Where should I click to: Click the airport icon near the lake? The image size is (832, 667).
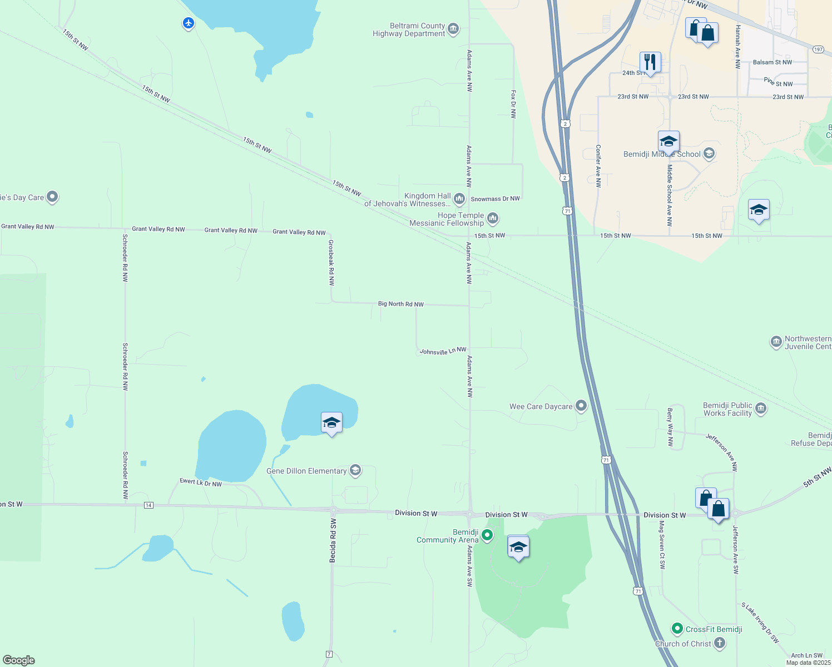pyautogui.click(x=189, y=23)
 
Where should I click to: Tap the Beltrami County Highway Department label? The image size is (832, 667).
pyautogui.click(x=409, y=30)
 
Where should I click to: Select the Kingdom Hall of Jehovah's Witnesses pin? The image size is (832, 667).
pyautogui.click(x=459, y=198)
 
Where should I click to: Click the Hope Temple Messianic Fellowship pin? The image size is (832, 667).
pyautogui.click(x=492, y=218)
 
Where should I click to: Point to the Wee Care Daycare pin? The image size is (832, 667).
pyautogui.click(x=581, y=406)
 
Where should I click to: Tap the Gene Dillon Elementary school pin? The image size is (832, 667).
pyautogui.click(x=355, y=471)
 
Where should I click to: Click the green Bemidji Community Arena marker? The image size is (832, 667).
pyautogui.click(x=487, y=535)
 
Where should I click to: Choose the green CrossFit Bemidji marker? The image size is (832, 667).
pyautogui.click(x=677, y=629)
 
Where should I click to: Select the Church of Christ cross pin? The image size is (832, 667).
pyautogui.click(x=720, y=643)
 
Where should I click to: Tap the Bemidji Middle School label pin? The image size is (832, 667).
pyautogui.click(x=709, y=153)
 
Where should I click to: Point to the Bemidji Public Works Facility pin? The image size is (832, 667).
pyautogui.click(x=761, y=409)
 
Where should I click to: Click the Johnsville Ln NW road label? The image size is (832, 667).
pyautogui.click(x=443, y=351)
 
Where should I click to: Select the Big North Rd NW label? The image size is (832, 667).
pyautogui.click(x=400, y=304)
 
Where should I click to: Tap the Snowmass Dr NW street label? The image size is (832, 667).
pyautogui.click(x=495, y=199)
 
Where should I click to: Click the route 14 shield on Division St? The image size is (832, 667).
pyautogui.click(x=148, y=505)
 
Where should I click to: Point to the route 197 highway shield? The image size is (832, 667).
pyautogui.click(x=818, y=49)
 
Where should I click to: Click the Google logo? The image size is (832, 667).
pyautogui.click(x=19, y=660)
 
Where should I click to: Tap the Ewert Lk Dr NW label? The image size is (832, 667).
pyautogui.click(x=200, y=482)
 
